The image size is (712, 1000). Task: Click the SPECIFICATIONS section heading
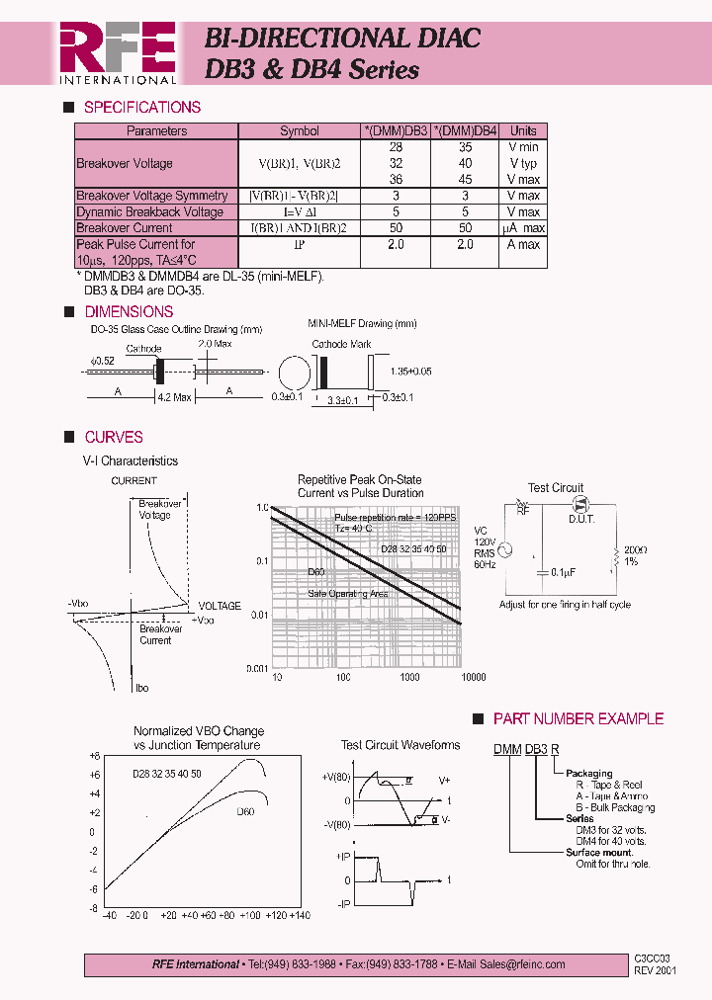(142, 108)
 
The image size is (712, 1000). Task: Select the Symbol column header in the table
(300, 131)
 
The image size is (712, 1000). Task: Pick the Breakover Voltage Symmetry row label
(151, 196)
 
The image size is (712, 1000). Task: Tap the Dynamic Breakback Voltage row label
(149, 211)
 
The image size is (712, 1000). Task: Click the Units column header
(523, 131)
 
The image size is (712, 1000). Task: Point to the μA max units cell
(523, 228)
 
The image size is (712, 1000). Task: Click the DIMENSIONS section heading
(129, 312)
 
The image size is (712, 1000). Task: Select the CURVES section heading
(114, 437)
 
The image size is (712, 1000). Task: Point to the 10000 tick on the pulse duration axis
(474, 678)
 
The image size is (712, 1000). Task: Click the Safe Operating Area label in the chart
(347, 594)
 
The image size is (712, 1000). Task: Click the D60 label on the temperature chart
(245, 812)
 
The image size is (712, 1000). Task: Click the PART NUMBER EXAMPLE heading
(578, 719)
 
